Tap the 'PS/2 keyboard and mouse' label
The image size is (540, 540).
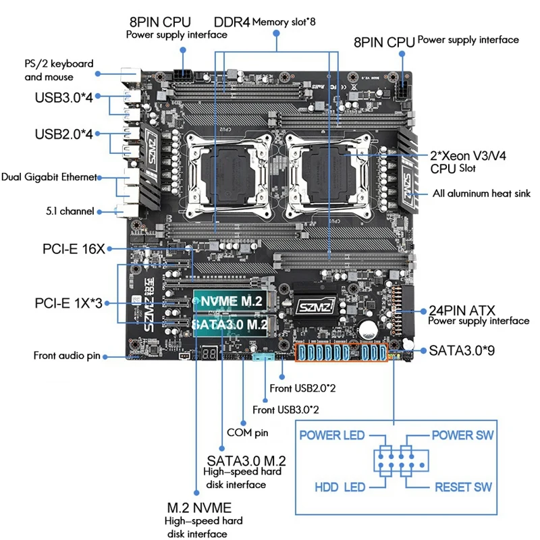tap(59, 70)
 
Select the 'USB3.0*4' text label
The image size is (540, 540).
tap(67, 97)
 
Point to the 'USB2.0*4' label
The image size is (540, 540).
tap(67, 134)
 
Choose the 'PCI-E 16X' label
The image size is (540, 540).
tap(74, 249)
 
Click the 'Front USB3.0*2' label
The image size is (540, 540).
tap(286, 409)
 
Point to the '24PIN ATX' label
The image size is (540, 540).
tap(462, 310)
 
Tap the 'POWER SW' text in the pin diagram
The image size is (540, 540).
tap(462, 435)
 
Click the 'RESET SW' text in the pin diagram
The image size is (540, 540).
tap(463, 487)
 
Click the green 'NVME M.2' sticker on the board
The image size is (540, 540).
tap(232, 302)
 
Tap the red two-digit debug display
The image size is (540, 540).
tap(209, 354)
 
